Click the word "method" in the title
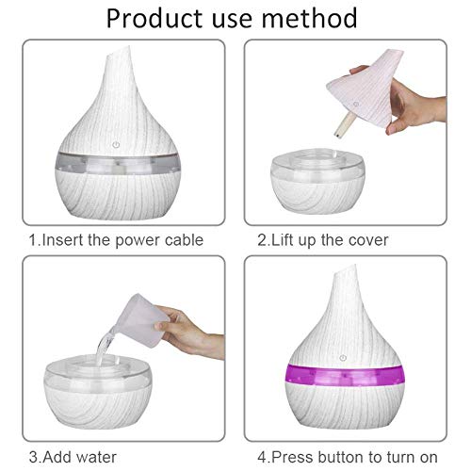point(309,18)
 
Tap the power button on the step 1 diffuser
point(116,145)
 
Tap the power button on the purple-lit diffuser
point(343,358)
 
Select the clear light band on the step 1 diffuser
point(118,163)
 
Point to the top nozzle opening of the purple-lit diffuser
point(345,271)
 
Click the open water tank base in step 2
point(317,182)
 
